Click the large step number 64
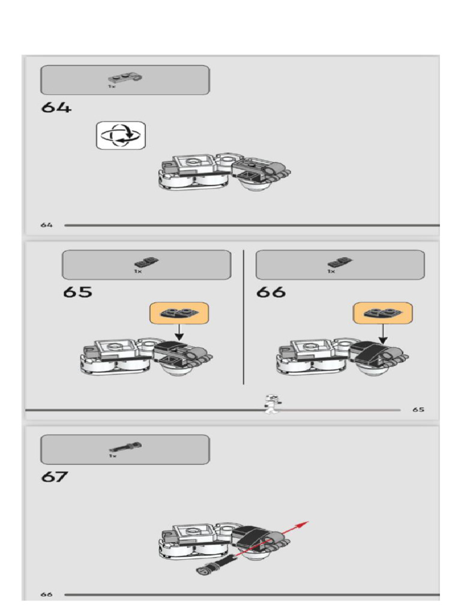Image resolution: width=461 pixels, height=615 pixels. click(x=56, y=108)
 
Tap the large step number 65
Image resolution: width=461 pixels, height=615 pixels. click(x=77, y=292)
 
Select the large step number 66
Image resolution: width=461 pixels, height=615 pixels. click(x=271, y=292)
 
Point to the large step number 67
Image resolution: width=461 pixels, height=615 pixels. click(x=54, y=477)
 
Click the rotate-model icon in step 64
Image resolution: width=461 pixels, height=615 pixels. click(x=121, y=135)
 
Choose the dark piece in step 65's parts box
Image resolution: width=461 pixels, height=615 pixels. click(x=146, y=262)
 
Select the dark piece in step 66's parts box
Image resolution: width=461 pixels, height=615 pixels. click(x=340, y=262)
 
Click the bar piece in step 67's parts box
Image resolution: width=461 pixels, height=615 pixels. click(x=125, y=447)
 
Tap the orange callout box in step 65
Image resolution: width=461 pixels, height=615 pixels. click(x=179, y=313)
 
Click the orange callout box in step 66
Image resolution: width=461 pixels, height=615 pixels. click(x=382, y=313)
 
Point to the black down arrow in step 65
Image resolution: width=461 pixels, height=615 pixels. click(x=179, y=333)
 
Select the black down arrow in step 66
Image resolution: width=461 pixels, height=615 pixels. click(x=383, y=335)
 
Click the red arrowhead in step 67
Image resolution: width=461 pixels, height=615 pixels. click(x=303, y=524)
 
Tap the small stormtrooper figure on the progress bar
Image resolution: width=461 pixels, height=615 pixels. click(x=271, y=404)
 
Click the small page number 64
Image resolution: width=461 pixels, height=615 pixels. click(x=46, y=225)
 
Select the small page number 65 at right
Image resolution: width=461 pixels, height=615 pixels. click(x=418, y=410)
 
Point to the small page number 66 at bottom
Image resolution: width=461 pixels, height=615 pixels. click(x=46, y=595)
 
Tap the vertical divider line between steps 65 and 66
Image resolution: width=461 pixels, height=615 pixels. click(x=244, y=317)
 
